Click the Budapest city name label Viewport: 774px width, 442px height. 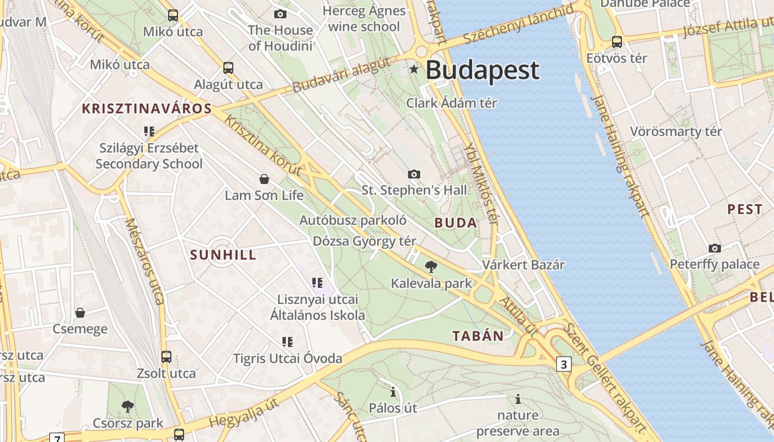pos(482,70)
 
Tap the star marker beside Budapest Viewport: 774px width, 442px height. pos(414,70)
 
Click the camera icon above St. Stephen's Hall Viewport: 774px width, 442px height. pos(414,174)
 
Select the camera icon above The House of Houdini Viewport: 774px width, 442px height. pos(280,14)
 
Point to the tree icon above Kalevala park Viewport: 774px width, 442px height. pos(431,267)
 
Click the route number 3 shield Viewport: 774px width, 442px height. pos(563,364)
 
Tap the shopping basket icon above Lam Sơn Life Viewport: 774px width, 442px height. pos(264,179)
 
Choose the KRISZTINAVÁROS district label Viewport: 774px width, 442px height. pos(147,108)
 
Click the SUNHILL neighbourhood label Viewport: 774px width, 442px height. pos(223,255)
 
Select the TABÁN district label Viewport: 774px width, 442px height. pos(478,336)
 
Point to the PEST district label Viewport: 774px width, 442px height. pos(745,209)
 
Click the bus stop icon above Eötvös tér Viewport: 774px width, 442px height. pos(616,41)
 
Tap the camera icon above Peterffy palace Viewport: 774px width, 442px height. pos(714,248)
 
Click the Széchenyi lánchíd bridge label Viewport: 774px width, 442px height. pos(518,25)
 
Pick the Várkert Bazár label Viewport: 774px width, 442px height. pos(523,265)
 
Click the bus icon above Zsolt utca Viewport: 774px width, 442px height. pos(166,357)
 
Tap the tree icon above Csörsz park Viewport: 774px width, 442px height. pos(128,407)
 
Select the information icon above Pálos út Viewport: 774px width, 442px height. pos(393,392)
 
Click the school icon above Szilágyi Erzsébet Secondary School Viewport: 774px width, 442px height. pos(149,131)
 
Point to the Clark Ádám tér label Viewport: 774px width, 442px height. pos(452,103)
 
